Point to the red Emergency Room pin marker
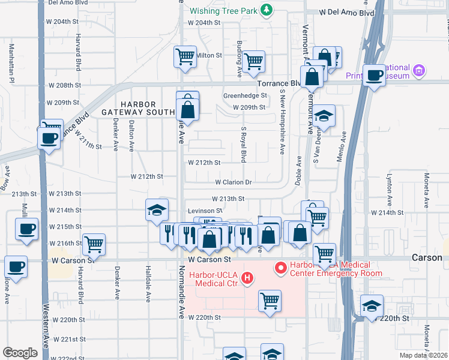coord(279,268)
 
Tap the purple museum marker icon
coord(419,71)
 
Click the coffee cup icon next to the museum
coord(375,76)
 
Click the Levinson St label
coord(205,211)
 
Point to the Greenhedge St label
coord(244,95)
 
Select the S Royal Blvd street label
coord(244,144)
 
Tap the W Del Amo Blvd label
coord(345,12)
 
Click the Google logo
coord(20,353)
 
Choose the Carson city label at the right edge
coord(427,257)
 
